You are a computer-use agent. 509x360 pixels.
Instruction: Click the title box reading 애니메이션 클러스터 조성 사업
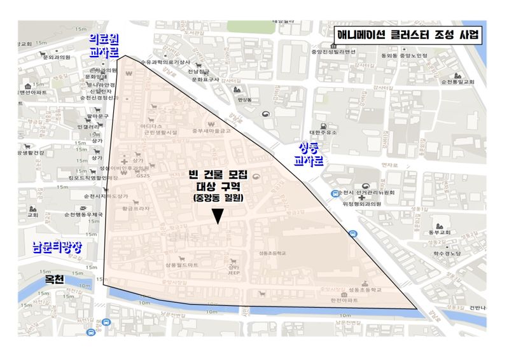tap(408, 34)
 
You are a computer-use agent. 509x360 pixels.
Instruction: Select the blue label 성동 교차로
tap(309, 155)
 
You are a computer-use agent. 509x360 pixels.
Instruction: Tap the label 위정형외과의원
tap(361, 204)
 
